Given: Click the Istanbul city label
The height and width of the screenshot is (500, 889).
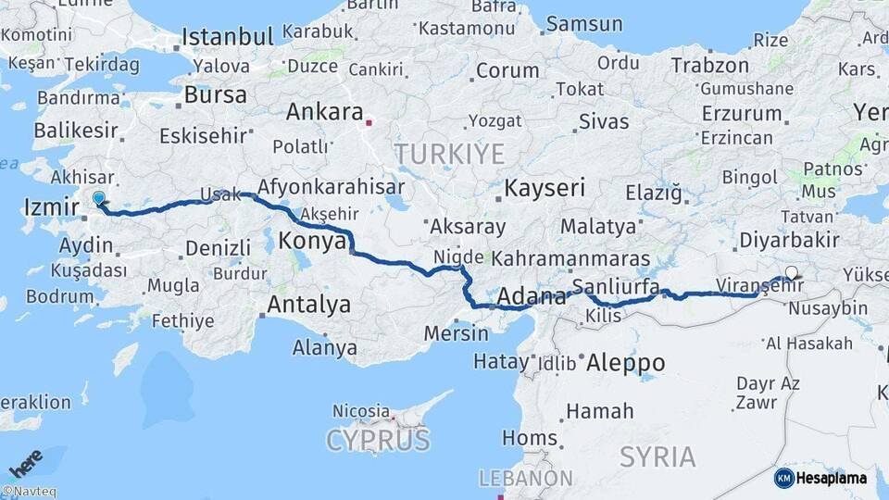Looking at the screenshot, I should pos(228,37).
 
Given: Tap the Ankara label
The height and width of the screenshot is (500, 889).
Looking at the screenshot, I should pos(324,112).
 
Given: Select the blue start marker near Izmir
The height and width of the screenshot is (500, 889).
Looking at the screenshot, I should pos(99,197).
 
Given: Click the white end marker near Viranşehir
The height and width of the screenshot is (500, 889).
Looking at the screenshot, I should pos(791,272).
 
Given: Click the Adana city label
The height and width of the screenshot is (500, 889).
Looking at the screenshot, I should pos(532,297).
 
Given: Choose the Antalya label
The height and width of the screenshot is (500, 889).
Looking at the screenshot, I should pos(309,304).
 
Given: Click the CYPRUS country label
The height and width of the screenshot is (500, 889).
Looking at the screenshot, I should pos(377,439).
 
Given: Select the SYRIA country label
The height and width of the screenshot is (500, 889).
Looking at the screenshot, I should pos(657,456).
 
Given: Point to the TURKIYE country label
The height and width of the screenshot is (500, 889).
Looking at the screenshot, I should pos(449,153).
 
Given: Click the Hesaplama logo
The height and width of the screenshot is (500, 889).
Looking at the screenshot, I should pos(820,478).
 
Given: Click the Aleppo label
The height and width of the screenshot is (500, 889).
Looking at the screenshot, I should pos(625,362).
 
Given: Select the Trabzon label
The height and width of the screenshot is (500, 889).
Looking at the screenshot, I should pos(709,65).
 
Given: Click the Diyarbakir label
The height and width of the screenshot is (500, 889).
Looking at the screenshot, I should pos(790,240).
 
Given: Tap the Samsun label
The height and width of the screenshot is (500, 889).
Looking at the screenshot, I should pos(584,23).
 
